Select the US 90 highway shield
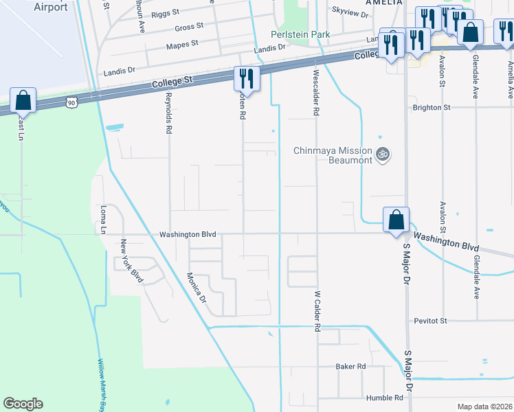71,102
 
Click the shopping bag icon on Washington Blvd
396,220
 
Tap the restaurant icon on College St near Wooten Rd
246,78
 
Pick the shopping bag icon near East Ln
23,100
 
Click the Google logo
23,404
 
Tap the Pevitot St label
430,321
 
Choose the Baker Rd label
350,367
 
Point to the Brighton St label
431,108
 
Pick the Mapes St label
182,43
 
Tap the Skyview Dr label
350,10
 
